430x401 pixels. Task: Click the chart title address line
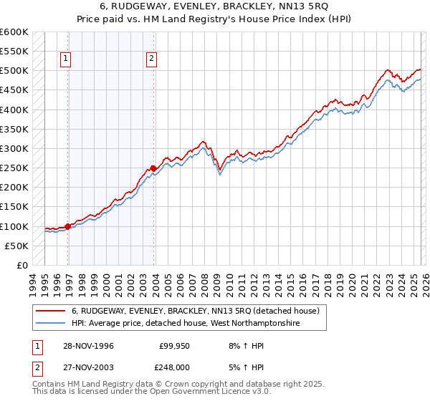(x=215, y=6)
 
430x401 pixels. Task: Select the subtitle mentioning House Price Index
(x=215, y=19)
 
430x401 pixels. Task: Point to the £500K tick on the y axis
(x=14, y=71)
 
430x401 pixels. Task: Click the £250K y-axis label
(x=14, y=168)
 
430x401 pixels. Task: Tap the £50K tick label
(x=16, y=246)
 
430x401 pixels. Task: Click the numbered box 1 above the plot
(x=66, y=60)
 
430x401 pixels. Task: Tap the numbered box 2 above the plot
(x=153, y=60)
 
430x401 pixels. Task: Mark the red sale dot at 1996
(x=68, y=226)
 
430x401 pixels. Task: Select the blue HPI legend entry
(x=185, y=324)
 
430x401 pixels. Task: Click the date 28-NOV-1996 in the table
(x=88, y=345)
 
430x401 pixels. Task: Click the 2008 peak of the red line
(x=204, y=142)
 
